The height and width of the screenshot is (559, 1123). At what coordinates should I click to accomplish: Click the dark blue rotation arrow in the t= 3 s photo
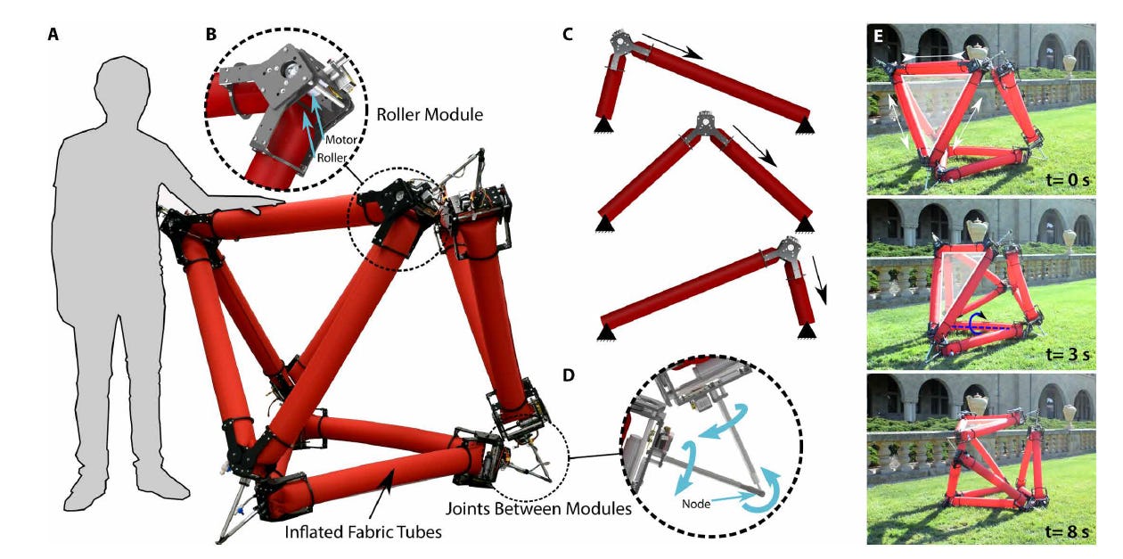pos(977,320)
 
